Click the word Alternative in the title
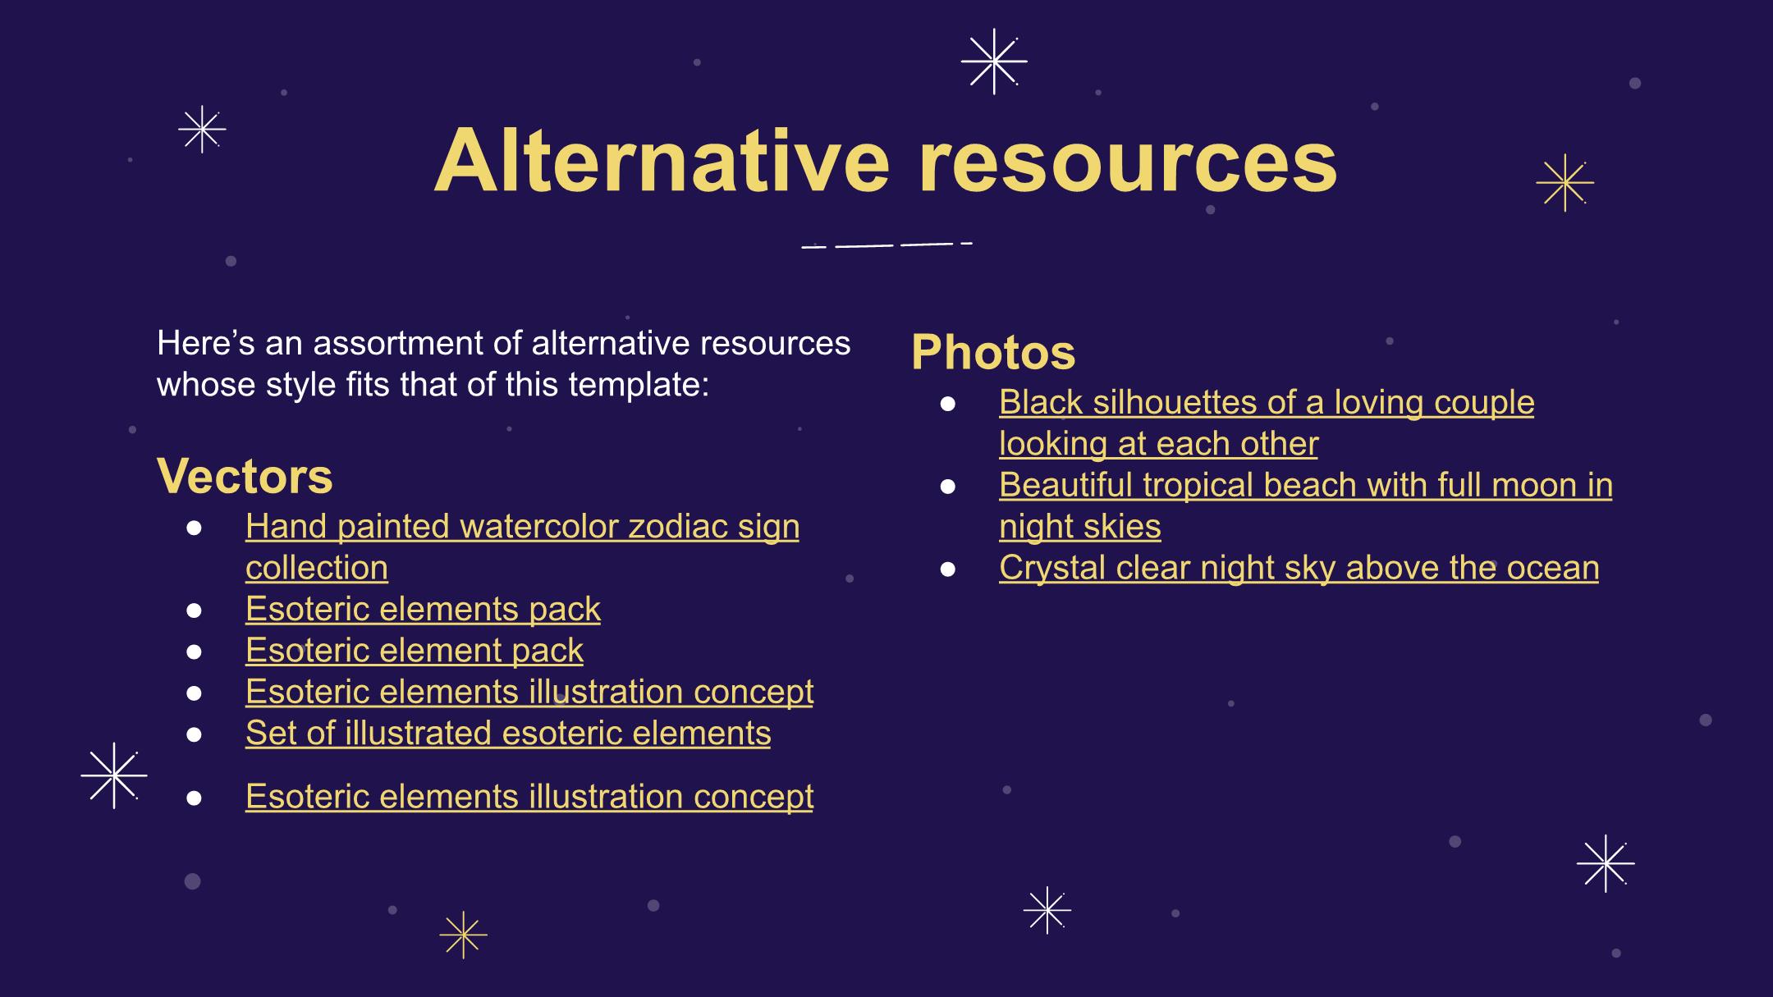coord(662,161)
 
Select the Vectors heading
coord(245,476)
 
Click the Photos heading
coord(993,352)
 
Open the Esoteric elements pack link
coord(423,610)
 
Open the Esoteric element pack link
coord(415,651)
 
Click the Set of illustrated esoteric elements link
coord(508,733)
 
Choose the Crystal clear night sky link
coord(1299,568)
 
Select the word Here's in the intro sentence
coord(205,343)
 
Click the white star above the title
coord(994,62)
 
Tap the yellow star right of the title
coord(1565,183)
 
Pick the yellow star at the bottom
coord(464,935)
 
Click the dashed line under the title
coord(887,245)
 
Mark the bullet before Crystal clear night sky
coord(948,569)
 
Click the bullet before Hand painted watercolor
coord(195,528)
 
